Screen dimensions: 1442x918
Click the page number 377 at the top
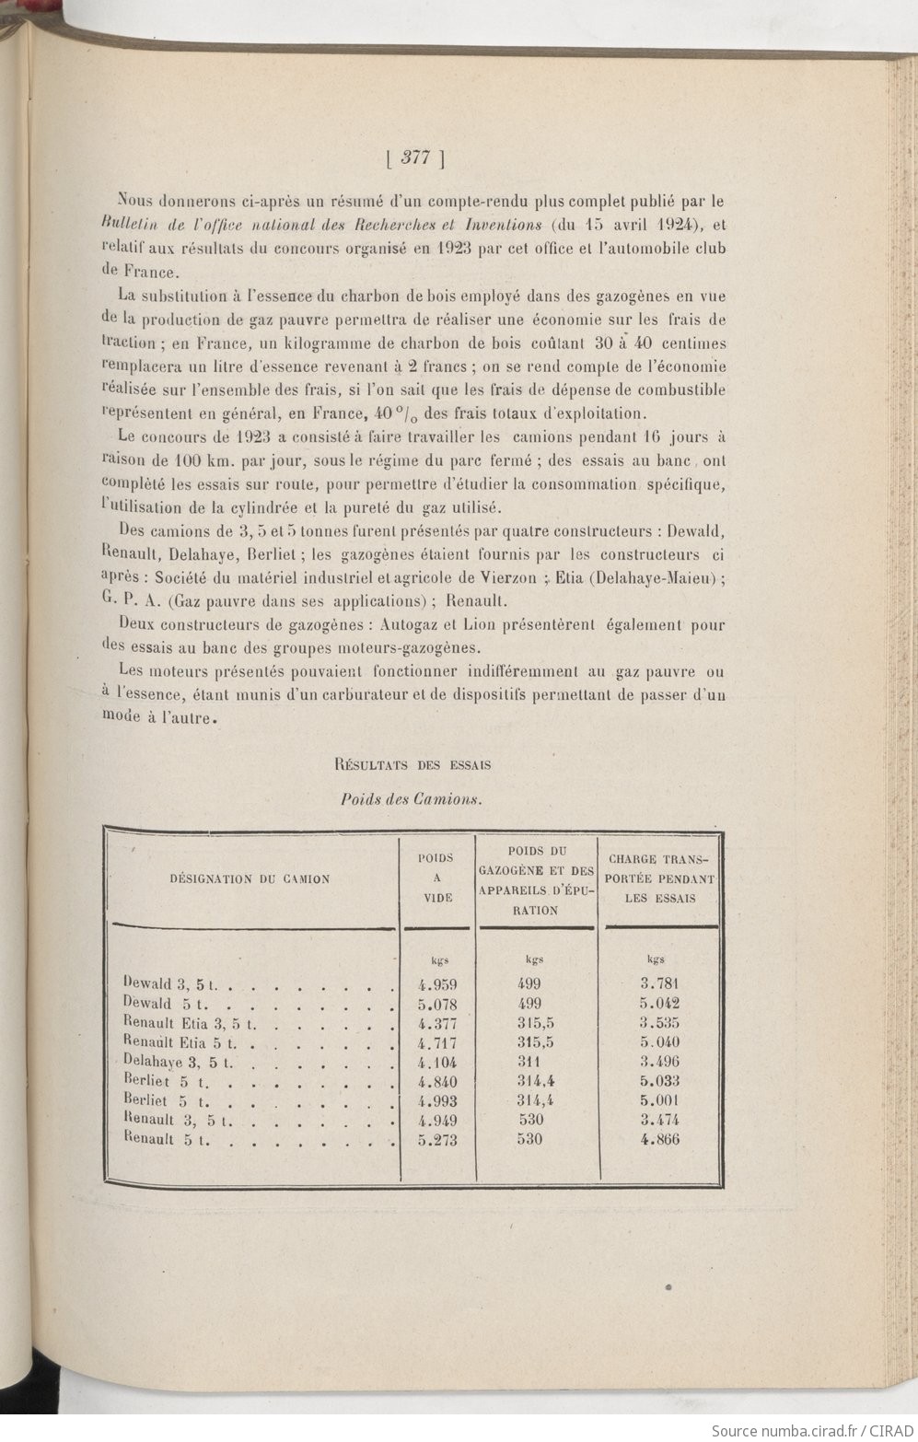pos(416,157)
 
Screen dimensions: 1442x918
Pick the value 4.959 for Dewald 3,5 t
pos(436,983)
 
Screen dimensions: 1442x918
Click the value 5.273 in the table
pos(436,1140)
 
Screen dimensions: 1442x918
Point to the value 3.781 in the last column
pos(659,983)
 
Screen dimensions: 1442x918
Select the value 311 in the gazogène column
pos(530,1062)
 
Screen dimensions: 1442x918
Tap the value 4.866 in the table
pos(659,1140)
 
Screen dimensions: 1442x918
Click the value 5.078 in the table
pos(436,1004)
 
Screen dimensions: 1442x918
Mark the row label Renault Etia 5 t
pos(180,1042)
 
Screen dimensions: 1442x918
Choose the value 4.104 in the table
pos(436,1062)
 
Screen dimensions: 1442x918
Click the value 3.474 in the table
pos(659,1121)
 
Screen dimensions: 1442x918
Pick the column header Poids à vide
pos(436,878)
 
